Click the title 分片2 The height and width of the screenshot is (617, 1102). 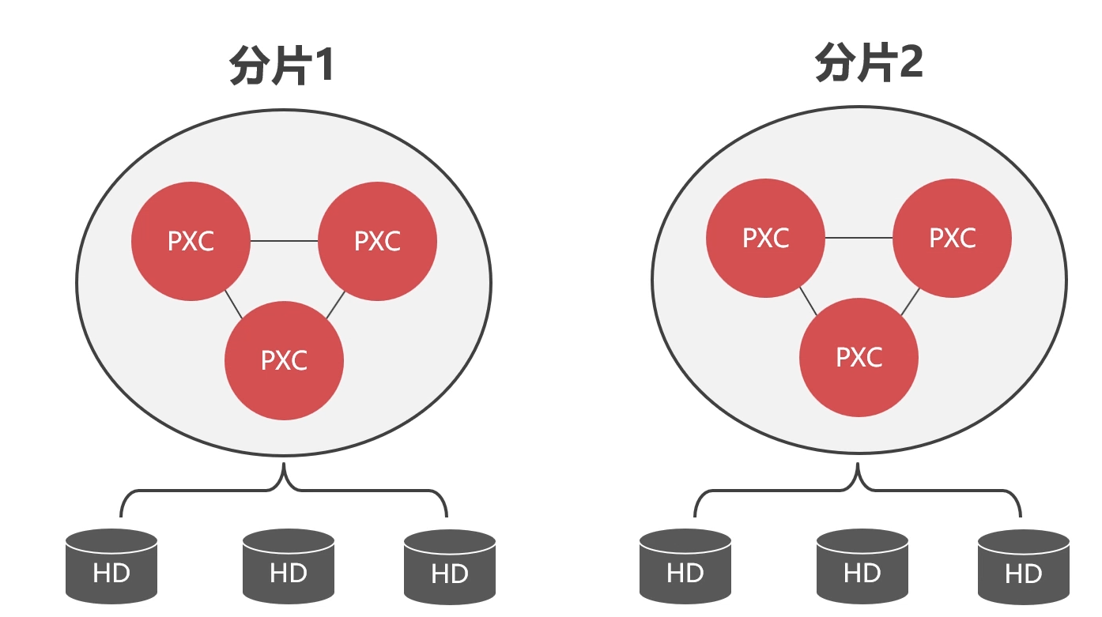(869, 63)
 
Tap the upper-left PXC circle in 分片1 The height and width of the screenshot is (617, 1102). (191, 241)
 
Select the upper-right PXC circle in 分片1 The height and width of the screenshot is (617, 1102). (377, 241)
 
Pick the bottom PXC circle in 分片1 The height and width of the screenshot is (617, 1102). (284, 360)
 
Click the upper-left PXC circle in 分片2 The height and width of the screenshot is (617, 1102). (765, 238)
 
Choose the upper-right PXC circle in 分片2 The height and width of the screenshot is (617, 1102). (952, 238)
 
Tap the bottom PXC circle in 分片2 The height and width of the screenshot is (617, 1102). (859, 357)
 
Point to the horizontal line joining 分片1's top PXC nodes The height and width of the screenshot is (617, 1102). (284, 241)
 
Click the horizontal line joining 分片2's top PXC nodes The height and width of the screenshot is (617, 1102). (859, 238)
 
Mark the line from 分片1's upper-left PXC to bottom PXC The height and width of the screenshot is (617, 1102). (233, 305)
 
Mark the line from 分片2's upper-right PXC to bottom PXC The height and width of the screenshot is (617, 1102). (910, 302)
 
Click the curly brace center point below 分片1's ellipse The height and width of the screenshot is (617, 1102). (284, 474)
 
